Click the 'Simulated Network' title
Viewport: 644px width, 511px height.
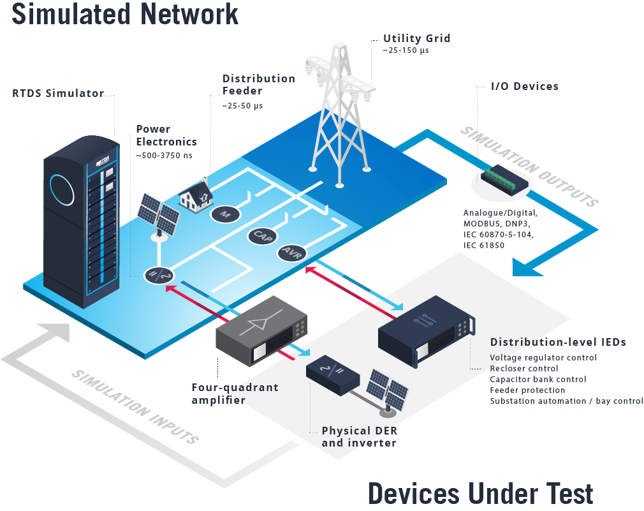point(125,14)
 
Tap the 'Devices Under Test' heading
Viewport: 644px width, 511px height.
point(481,494)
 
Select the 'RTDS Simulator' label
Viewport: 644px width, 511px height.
point(58,94)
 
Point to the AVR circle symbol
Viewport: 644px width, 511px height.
point(292,253)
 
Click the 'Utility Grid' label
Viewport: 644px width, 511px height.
point(417,38)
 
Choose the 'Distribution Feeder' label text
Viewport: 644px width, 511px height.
point(258,85)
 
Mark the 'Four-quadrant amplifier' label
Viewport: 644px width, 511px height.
point(235,394)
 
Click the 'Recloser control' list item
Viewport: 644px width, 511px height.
point(523,369)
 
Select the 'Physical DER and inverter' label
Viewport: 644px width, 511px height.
point(359,437)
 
